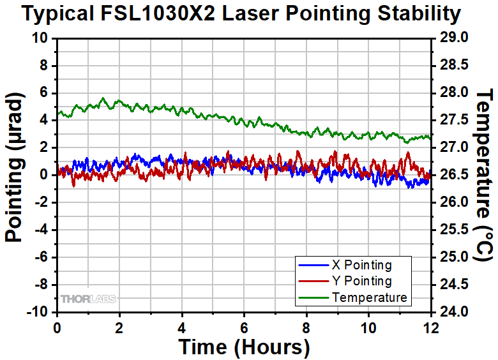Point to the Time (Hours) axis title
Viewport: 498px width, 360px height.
(244, 347)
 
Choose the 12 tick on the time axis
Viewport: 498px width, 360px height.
(432, 327)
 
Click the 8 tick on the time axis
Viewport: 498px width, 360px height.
(307, 327)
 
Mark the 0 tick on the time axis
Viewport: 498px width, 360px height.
(57, 327)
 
